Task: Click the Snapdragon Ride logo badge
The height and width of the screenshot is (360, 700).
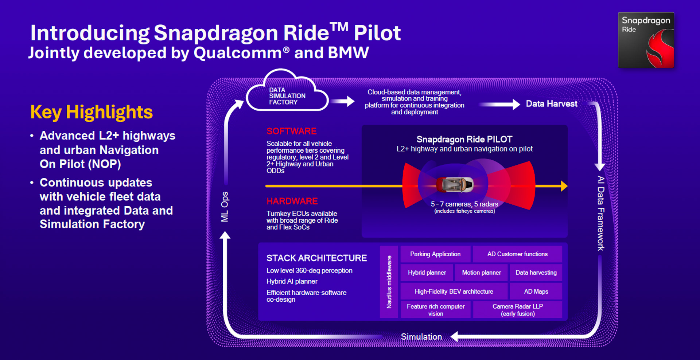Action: (646, 40)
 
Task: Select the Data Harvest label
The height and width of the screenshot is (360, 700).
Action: (551, 104)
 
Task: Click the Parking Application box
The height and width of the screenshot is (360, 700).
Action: (435, 254)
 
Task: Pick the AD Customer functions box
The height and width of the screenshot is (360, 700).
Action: (517, 254)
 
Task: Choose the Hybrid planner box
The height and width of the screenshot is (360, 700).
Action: (427, 273)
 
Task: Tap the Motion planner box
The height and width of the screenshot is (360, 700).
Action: (481, 273)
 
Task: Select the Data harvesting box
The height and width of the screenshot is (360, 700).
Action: (536, 273)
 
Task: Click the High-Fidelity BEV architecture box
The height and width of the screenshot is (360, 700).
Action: (454, 291)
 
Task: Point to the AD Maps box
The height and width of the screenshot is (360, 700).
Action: (536, 291)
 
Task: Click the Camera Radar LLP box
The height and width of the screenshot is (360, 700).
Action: (517, 310)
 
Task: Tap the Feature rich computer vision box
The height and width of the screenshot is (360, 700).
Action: (435, 310)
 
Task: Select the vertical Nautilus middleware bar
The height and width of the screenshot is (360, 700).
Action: (389, 282)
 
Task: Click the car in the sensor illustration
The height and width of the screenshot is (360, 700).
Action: (455, 185)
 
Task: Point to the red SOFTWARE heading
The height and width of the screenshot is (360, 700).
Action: (291, 131)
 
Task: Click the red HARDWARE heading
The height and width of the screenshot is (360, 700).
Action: (292, 201)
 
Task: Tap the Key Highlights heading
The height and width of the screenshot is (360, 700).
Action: (91, 112)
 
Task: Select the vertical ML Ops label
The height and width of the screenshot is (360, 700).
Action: (225, 207)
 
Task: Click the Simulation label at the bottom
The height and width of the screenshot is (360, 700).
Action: (421, 337)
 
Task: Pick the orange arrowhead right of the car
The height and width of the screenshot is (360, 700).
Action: (564, 186)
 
